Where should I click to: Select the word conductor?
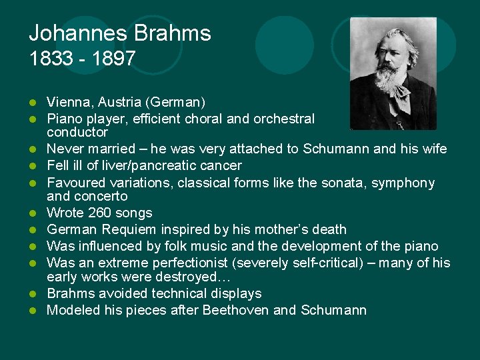click(77, 132)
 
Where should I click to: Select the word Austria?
click(117, 102)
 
